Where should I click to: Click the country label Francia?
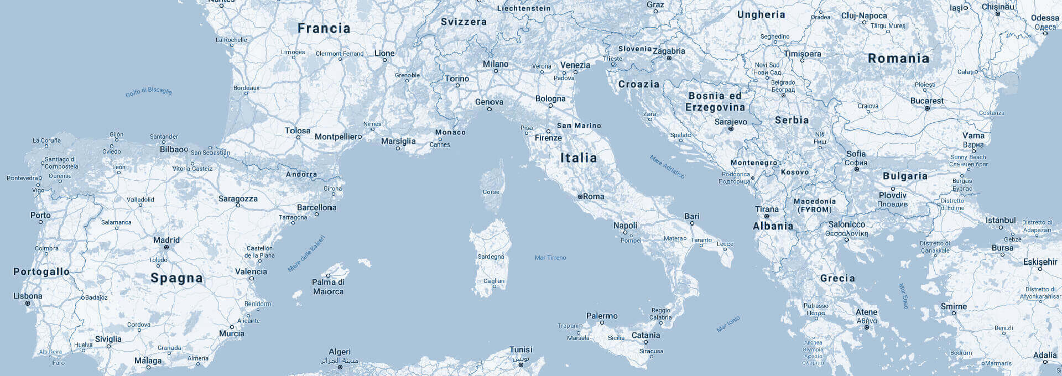coord(324,28)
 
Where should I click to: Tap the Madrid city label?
coord(166,240)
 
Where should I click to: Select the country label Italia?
coord(579,158)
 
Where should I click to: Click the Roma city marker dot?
coord(580,197)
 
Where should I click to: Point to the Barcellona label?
coord(316,207)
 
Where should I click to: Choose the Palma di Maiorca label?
coord(328,286)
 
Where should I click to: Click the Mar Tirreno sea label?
coord(550,258)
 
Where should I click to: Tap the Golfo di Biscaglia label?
coord(148,92)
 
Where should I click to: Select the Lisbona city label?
coord(28,296)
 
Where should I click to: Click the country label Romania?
coord(898,59)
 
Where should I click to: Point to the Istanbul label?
coord(1001,220)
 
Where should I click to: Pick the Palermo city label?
coord(602,316)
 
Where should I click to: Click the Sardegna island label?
coord(491,257)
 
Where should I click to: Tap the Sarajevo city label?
coord(731,122)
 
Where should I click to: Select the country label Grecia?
coord(837,278)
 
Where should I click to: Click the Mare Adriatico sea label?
coord(667,167)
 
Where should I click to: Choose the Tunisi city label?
coord(521,349)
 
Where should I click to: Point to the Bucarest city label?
coord(927,101)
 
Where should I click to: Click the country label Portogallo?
coord(41,271)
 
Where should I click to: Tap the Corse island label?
coord(491,192)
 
